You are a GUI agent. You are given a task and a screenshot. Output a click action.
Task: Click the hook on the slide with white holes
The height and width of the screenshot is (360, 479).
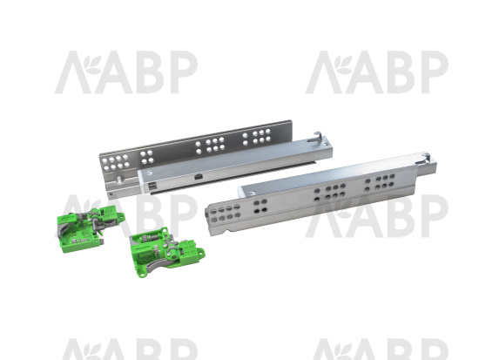(x=315, y=137)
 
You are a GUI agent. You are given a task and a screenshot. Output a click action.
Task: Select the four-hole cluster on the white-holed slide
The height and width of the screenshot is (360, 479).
(x=147, y=156)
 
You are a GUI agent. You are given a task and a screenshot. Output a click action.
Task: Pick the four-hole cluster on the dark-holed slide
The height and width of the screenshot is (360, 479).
(x=260, y=207)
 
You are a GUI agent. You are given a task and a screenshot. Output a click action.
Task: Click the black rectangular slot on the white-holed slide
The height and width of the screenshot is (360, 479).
(x=199, y=176)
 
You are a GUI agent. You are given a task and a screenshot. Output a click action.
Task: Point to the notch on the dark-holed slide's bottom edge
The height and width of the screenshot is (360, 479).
(x=226, y=230)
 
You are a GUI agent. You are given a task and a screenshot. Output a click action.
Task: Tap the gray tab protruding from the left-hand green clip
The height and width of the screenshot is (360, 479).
(x=100, y=242)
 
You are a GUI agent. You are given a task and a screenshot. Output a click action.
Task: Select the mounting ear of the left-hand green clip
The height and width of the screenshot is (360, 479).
(x=121, y=217)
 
